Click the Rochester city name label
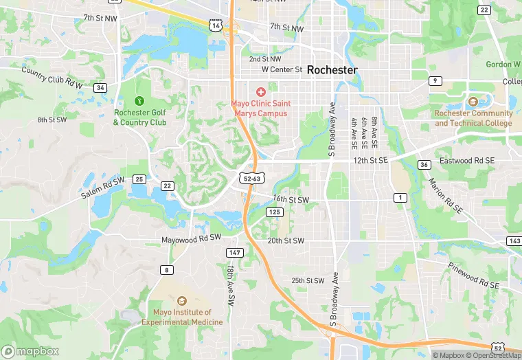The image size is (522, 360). coord(332,70)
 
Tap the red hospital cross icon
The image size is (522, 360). coord(261,92)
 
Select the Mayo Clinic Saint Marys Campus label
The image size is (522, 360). coord(260,108)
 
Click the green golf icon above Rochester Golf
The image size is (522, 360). coord(140,101)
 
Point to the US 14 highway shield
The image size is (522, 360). coord(216,25)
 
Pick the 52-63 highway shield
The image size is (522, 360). coord(252,179)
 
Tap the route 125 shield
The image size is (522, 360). coord(275,212)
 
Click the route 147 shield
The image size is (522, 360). coord(234,253)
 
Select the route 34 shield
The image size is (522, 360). coord(101,88)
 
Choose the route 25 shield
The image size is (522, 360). coord(139,179)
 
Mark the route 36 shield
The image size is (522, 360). coord(424,165)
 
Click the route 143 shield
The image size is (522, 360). coord(514,240)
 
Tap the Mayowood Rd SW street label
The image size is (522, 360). coord(191,238)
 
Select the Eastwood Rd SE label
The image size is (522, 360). coord(469,160)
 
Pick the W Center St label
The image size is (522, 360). coord(282,69)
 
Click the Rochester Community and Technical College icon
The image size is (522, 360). coord(473,102)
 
